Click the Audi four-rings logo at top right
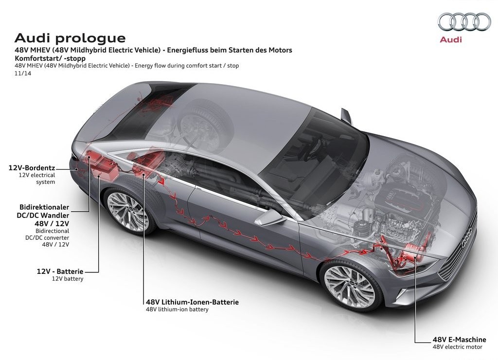point(464,22)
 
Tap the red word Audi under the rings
point(451,40)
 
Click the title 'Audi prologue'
point(70,38)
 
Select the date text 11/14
point(23,73)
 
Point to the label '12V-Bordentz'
point(32,168)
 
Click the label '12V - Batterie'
point(60,271)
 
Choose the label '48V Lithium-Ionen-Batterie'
point(192,302)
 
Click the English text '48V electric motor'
point(457,347)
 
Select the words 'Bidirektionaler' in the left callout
point(44,207)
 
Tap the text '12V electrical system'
point(37,179)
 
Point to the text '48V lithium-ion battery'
point(177,309)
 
